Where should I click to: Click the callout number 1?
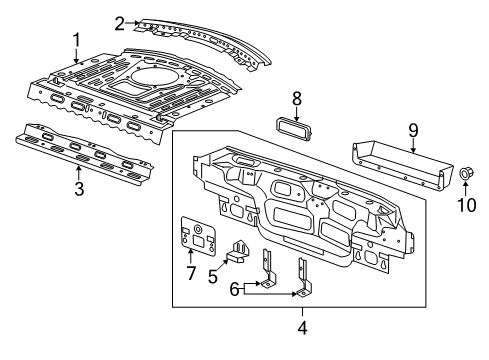point(75,40)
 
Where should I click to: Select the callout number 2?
point(119,22)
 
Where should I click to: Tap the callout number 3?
point(78,187)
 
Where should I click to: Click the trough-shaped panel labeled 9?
point(400,164)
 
